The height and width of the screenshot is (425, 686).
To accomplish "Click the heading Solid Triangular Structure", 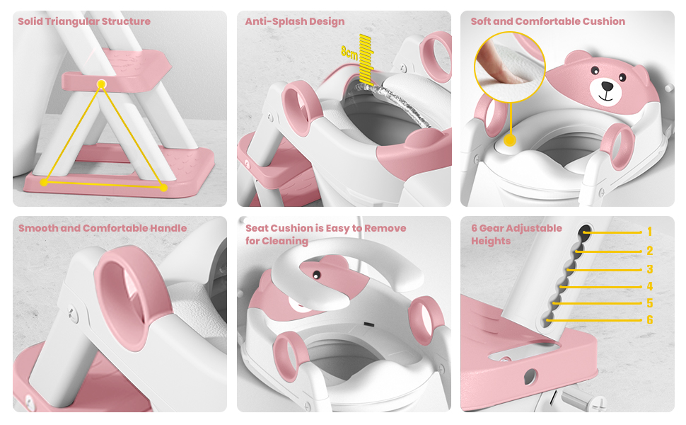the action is (x=84, y=21).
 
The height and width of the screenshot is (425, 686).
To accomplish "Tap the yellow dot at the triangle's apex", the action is (x=102, y=84).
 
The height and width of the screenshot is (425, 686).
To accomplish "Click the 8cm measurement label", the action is (x=349, y=52).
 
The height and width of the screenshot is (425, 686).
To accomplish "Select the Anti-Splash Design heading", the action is (x=295, y=21).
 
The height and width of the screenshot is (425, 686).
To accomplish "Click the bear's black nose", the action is (x=607, y=86).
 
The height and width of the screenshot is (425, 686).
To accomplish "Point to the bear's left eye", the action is (x=595, y=70).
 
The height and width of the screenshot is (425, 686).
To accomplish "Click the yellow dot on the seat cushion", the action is (x=510, y=140).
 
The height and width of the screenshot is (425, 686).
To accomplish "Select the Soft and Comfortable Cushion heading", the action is (x=548, y=21).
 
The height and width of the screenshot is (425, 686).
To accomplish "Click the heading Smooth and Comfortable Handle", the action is (x=103, y=228).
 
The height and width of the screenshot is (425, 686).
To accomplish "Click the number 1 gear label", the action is (x=650, y=232).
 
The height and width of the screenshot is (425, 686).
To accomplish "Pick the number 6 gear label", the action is (x=650, y=320).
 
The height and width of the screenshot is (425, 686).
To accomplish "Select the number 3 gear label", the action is (x=650, y=269).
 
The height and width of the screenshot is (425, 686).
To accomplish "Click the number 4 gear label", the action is (x=650, y=286).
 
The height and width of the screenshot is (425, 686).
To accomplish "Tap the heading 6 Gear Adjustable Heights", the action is (x=516, y=234).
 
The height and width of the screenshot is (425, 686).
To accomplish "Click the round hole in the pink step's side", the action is (x=530, y=376).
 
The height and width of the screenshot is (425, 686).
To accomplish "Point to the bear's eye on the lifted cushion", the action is (x=315, y=275).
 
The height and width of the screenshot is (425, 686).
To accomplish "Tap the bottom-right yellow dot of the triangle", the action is (x=163, y=188).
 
